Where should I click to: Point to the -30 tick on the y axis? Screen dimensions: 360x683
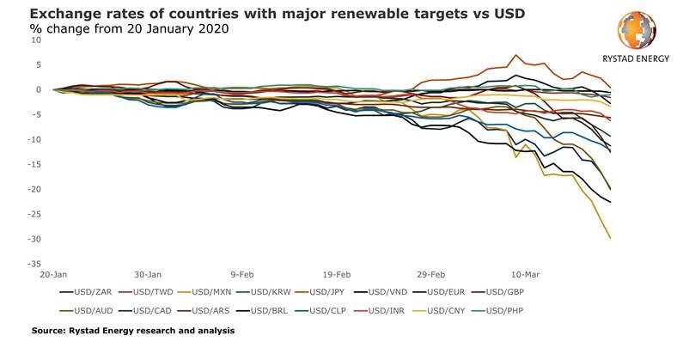point(36,238)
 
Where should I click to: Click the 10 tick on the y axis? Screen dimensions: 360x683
point(36,40)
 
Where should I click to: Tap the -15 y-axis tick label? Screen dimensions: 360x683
point(36,164)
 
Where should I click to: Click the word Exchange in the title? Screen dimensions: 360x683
point(62,14)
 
